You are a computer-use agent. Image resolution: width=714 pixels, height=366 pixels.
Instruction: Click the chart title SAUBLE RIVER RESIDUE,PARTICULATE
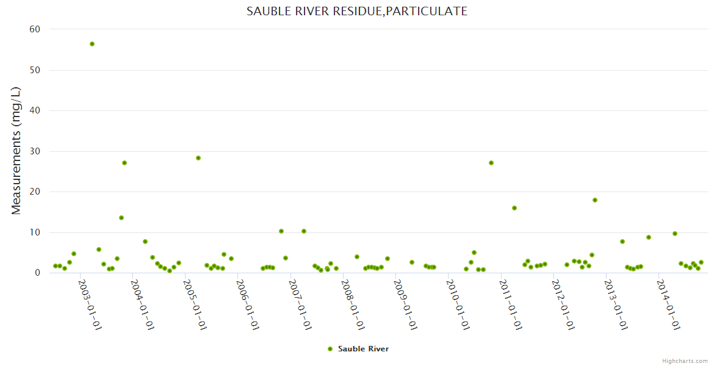[x=357, y=11]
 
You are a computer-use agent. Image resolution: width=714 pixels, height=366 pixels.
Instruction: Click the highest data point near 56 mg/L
[x=92, y=44]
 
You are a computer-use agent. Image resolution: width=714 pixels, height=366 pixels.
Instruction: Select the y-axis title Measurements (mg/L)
[x=16, y=151]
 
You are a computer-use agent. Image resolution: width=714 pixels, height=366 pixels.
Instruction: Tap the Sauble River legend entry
[x=358, y=349]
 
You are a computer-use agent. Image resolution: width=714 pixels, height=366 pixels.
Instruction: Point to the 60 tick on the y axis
[x=35, y=29]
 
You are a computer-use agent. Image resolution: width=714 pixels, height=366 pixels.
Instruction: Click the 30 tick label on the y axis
[x=35, y=151]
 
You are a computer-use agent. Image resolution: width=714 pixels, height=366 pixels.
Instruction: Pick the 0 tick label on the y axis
[x=37, y=273]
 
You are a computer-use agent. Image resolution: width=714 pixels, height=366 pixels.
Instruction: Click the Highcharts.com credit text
[x=685, y=361]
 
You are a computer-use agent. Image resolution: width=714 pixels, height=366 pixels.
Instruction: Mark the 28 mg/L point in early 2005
[x=198, y=158]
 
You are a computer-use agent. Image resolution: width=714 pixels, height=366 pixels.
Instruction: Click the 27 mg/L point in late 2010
[x=491, y=163]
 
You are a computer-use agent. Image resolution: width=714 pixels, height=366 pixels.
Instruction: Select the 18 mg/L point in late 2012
[x=595, y=200]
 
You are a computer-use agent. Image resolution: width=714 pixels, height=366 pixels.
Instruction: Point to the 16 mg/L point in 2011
[x=514, y=208]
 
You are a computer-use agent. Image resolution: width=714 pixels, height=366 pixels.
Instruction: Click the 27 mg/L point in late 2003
[x=124, y=163]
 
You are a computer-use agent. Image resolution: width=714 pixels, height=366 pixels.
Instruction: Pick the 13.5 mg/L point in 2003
[x=121, y=218]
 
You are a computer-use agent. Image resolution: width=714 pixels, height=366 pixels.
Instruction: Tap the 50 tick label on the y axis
[x=35, y=70]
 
